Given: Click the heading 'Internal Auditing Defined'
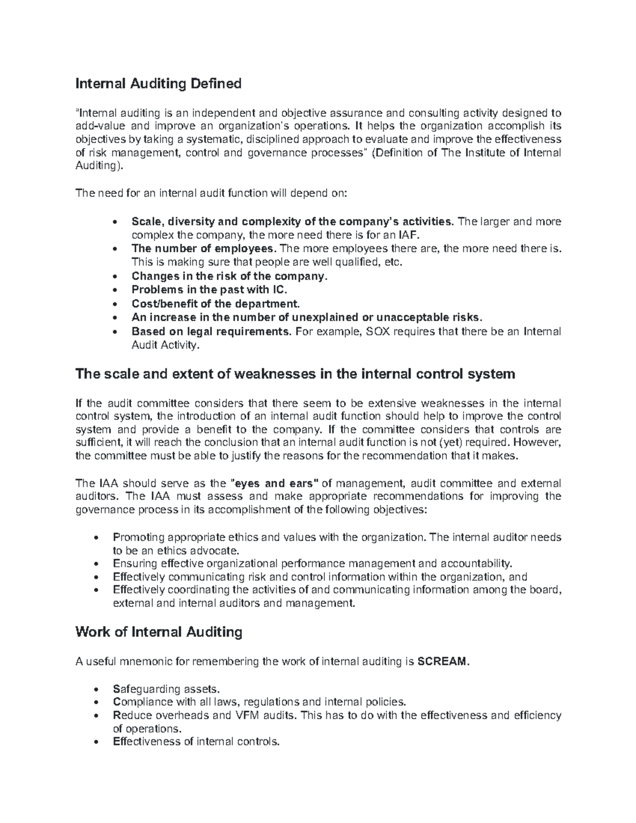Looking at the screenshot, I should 158,84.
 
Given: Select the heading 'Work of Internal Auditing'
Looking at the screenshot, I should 158,632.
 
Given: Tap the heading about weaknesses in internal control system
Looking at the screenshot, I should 295,374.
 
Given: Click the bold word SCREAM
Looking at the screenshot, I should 443,661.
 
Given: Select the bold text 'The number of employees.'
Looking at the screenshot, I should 204,249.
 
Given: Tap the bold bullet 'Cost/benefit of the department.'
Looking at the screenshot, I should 216,304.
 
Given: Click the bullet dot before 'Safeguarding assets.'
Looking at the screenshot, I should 96,690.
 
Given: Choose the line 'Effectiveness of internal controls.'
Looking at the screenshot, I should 196,742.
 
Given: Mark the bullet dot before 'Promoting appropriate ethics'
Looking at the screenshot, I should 96,538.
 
